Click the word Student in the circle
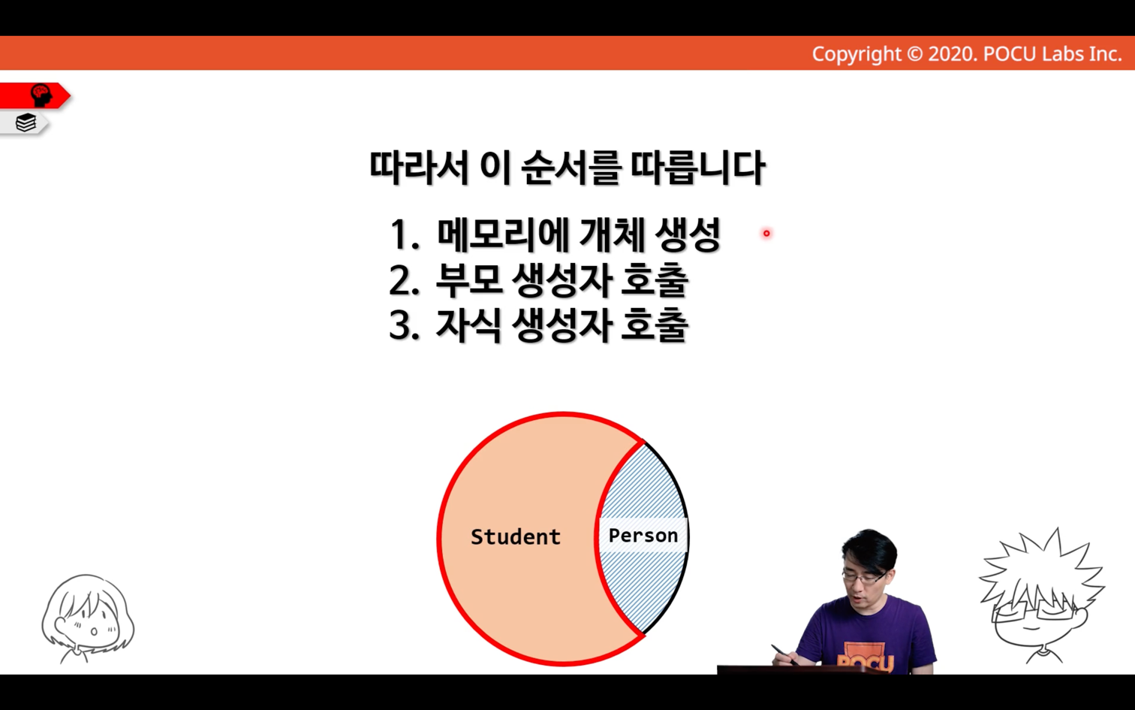click(515, 536)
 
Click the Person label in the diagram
click(643, 535)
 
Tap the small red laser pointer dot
click(766, 233)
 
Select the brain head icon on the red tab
click(41, 95)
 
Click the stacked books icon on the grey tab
click(26, 122)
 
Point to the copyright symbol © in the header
click(914, 54)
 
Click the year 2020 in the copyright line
click(950, 54)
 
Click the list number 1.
click(404, 235)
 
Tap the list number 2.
click(404, 280)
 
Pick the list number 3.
click(404, 325)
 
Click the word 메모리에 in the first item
click(503, 234)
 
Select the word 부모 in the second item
click(468, 280)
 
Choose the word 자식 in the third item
click(468, 325)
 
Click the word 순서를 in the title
click(571, 168)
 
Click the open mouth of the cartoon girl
click(94, 631)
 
